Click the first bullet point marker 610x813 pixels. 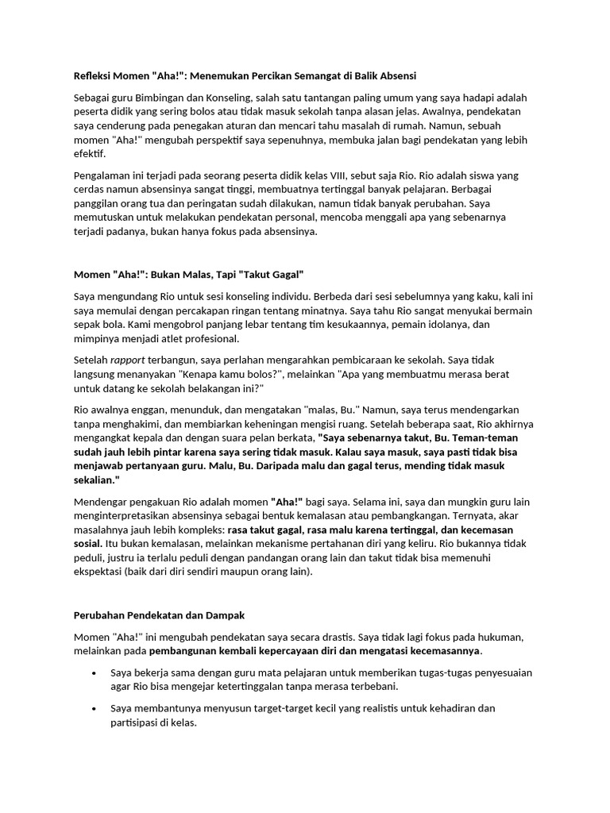[95, 673]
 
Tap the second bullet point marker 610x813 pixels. [95, 708]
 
